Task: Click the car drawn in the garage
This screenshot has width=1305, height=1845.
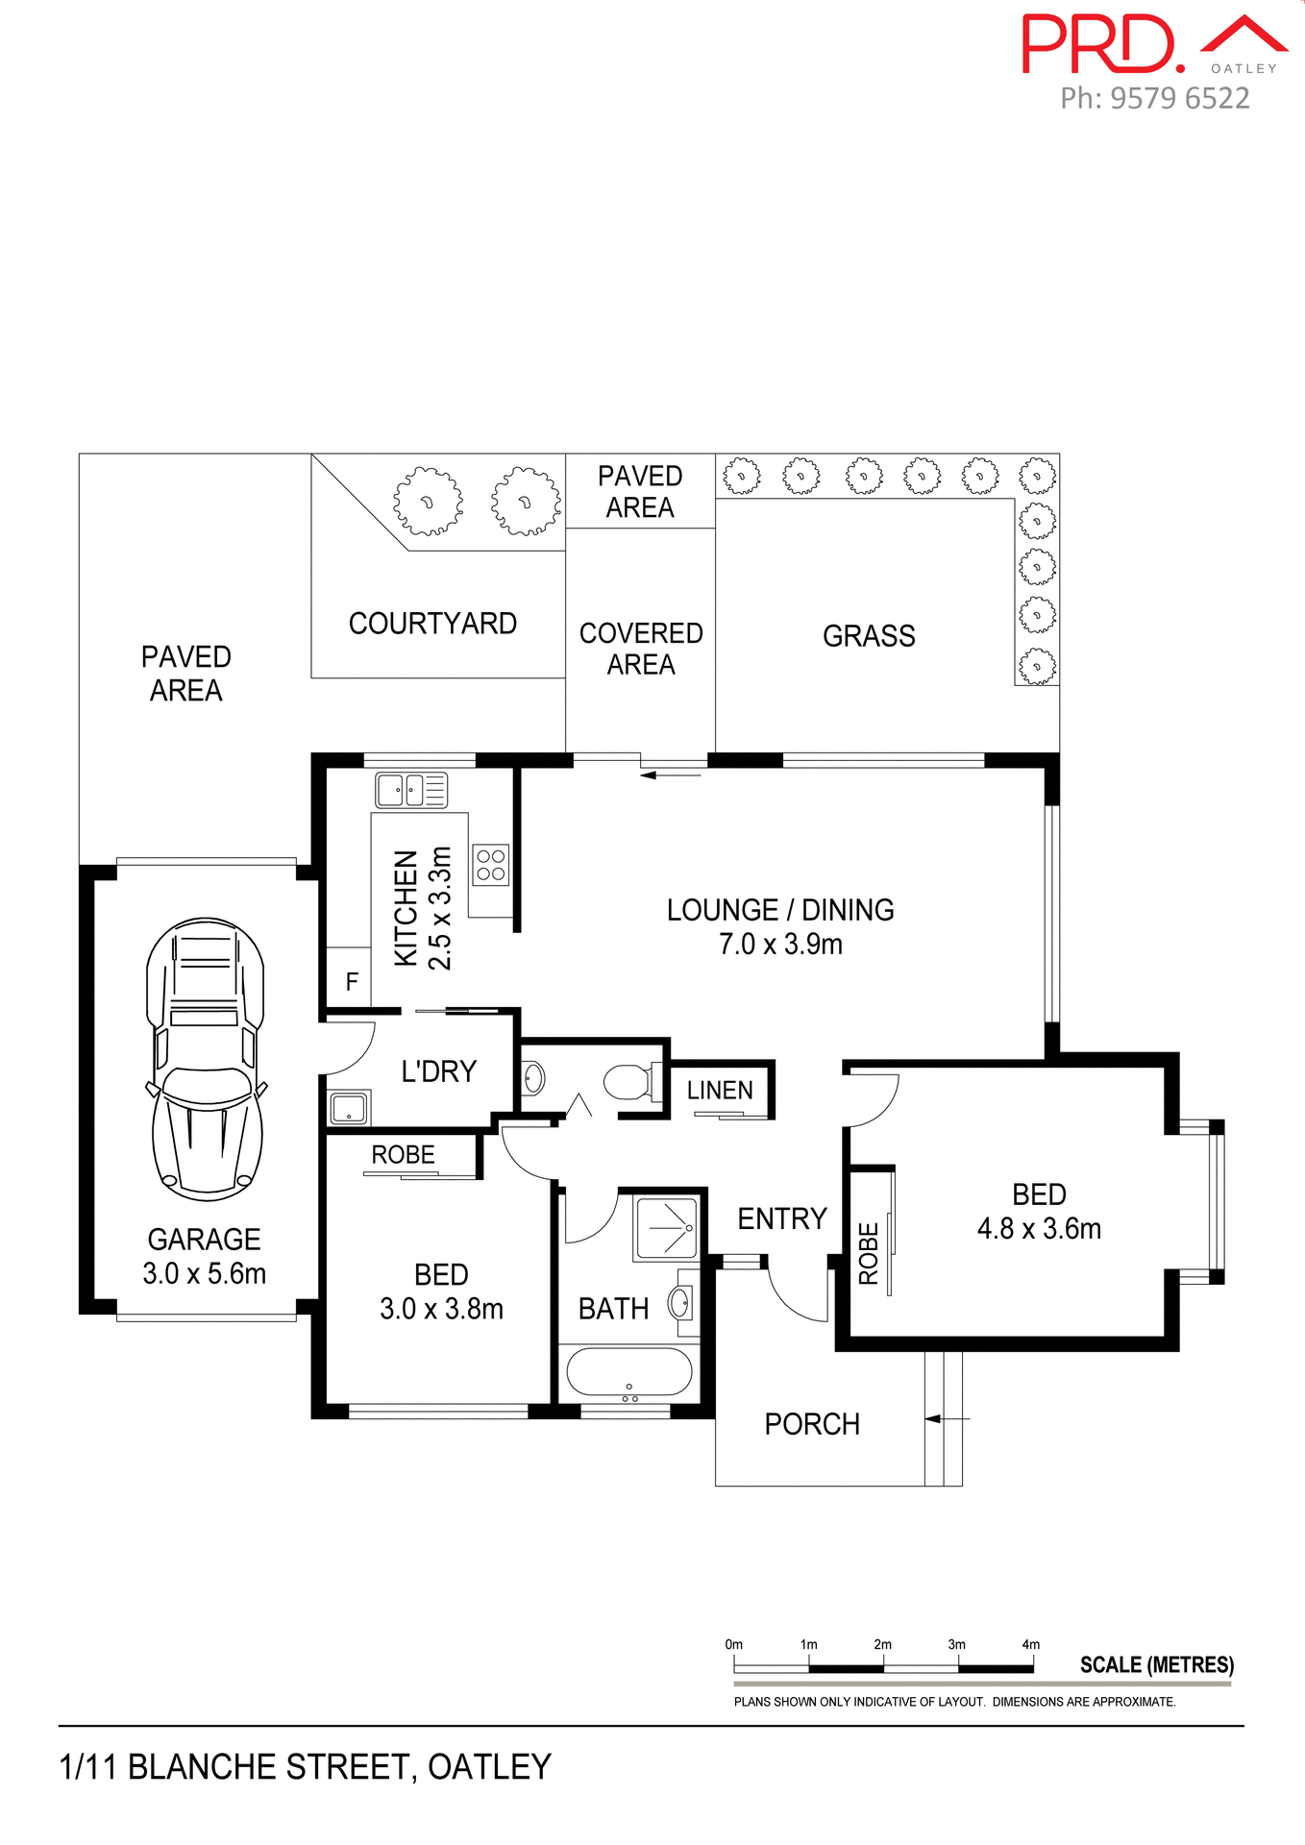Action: (x=205, y=1059)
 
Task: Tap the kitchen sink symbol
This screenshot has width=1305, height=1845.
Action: (x=410, y=790)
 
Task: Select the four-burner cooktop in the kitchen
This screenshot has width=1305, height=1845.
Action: (x=490, y=865)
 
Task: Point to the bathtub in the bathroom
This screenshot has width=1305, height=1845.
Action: (x=628, y=1372)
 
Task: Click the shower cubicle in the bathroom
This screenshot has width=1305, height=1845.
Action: (x=666, y=1227)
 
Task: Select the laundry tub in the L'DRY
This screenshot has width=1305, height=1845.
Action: (x=348, y=1108)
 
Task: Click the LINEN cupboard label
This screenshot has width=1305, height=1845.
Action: (x=720, y=1091)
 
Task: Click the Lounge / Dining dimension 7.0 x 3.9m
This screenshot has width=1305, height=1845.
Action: (x=780, y=945)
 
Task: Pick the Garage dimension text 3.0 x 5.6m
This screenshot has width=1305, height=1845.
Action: (x=204, y=1274)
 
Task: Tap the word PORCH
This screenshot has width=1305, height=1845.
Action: (x=812, y=1424)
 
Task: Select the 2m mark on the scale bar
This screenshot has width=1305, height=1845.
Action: (x=882, y=1645)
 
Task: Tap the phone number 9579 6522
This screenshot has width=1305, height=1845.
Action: (x=1180, y=98)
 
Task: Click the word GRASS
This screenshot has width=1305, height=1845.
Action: (x=869, y=636)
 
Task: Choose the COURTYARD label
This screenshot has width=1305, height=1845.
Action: (x=432, y=624)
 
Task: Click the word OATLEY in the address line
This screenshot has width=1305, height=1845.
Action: (x=489, y=1767)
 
